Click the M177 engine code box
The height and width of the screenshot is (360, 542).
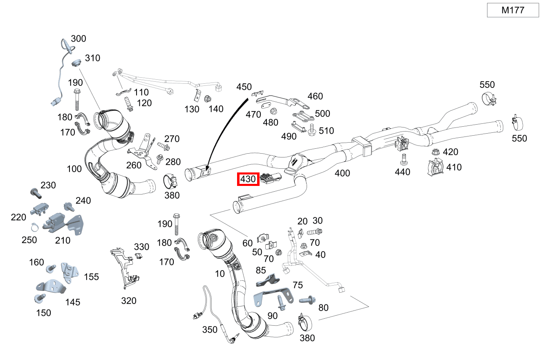pos(513,10)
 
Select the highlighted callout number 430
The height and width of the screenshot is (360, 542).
pos(248,179)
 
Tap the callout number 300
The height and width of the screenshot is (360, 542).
pos(78,39)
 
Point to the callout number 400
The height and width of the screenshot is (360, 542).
pos(342,173)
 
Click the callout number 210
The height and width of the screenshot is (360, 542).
pos(63,240)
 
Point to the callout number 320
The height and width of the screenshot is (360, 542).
pos(129,301)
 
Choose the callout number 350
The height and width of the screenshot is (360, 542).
pos(210,330)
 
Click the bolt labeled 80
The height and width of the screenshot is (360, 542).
pos(307,300)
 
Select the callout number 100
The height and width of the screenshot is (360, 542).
pos(74,168)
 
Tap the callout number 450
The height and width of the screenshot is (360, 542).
pos(244,87)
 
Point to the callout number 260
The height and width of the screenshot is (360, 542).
pos(134,165)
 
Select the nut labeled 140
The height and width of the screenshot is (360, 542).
pos(207,98)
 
